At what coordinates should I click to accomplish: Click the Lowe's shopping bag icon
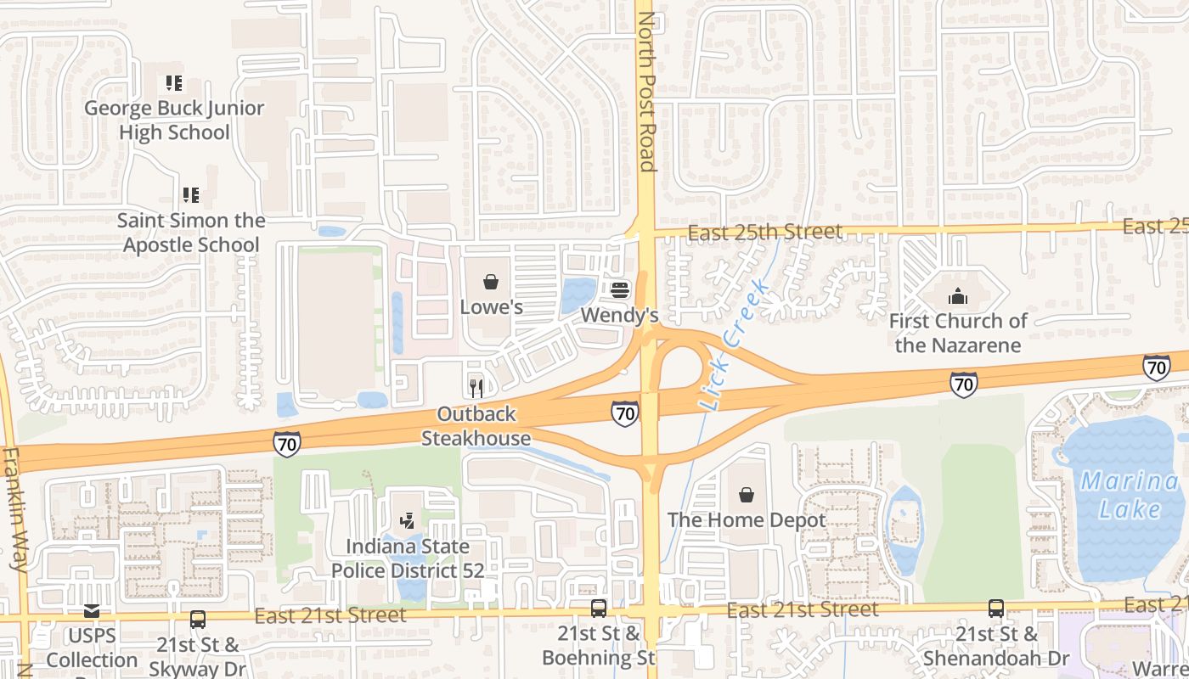click(x=490, y=282)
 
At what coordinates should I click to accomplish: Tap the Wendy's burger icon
click(x=619, y=290)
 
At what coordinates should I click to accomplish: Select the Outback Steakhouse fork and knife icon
click(x=476, y=389)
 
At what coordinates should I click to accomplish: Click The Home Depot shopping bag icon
click(x=746, y=495)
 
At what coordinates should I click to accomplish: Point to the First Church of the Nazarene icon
click(x=957, y=296)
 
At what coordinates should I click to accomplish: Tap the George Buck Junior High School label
click(x=174, y=120)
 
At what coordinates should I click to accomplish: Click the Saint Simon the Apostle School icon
click(x=190, y=195)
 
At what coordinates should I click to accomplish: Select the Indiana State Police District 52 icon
click(x=408, y=520)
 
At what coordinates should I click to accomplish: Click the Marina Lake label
click(x=1129, y=496)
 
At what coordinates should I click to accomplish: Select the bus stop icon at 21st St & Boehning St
click(x=599, y=608)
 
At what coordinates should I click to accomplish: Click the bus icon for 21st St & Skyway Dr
click(x=197, y=620)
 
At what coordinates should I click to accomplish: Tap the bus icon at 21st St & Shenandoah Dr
click(x=995, y=608)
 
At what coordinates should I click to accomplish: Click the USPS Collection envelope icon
click(x=91, y=610)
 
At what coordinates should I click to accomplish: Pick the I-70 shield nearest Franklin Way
click(x=286, y=443)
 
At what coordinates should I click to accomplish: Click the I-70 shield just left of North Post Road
click(x=624, y=414)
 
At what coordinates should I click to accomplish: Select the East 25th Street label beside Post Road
click(x=765, y=232)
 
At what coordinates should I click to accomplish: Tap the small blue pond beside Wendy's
click(x=578, y=295)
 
